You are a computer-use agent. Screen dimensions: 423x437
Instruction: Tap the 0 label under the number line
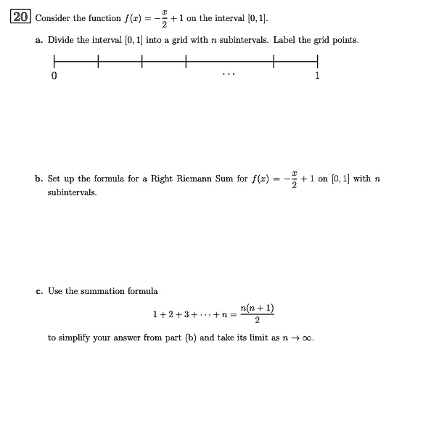(54, 76)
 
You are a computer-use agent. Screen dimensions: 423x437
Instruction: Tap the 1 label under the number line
(317, 76)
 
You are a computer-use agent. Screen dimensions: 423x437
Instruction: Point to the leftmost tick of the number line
(54, 62)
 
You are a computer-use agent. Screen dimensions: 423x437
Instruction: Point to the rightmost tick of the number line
(317, 62)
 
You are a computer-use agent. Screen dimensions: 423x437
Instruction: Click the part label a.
(38, 40)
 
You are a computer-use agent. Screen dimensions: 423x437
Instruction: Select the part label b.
(39, 179)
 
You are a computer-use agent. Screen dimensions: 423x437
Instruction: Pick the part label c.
(38, 291)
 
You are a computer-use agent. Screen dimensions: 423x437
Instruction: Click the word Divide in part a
(60, 40)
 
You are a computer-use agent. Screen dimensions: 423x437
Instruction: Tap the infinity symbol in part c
(309, 338)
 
